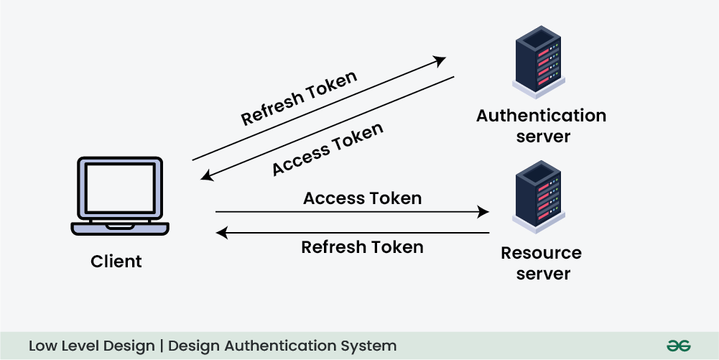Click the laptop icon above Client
tap(120, 196)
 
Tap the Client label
tap(116, 262)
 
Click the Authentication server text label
tap(542, 126)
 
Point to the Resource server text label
tap(542, 263)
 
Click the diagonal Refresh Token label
tap(299, 98)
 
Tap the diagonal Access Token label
tap(328, 149)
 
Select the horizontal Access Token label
tap(362, 198)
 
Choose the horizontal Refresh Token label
tap(362, 247)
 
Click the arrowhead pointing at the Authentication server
tap(440, 60)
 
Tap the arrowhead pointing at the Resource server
tap(484, 212)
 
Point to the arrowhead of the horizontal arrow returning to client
tap(222, 233)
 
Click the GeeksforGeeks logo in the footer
tap(678, 346)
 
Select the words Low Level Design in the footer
tap(92, 346)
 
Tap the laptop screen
tap(120, 188)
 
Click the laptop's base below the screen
tap(120, 229)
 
